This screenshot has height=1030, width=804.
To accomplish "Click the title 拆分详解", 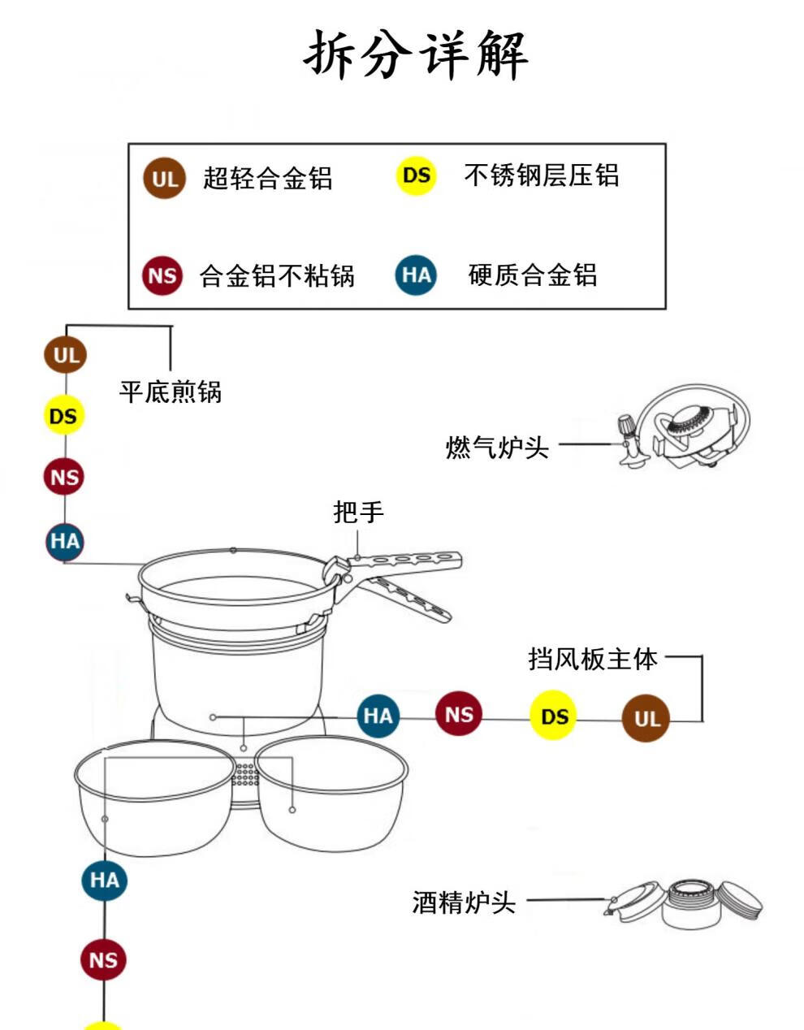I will click(416, 54).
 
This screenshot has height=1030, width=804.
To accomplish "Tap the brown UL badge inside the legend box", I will click(164, 178).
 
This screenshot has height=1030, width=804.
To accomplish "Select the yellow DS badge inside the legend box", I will click(416, 175).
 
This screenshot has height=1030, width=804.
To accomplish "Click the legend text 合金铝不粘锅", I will click(277, 276).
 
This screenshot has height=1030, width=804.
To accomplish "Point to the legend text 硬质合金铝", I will click(533, 275).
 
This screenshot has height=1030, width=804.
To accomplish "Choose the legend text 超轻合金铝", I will click(268, 178).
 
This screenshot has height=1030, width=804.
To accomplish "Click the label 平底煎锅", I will click(171, 392).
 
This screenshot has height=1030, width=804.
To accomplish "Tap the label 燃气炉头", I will click(497, 447).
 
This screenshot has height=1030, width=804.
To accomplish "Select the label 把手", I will click(358, 513).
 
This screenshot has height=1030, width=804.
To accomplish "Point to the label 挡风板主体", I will click(593, 658).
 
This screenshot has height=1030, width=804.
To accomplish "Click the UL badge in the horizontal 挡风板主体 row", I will click(646, 719).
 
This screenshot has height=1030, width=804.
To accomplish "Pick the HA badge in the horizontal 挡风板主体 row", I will click(378, 716).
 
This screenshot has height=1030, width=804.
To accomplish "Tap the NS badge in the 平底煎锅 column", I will click(64, 477).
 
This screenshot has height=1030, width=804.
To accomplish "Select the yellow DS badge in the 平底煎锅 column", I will click(63, 416).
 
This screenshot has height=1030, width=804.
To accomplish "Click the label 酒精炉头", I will click(464, 902).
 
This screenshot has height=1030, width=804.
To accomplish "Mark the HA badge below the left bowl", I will click(105, 880).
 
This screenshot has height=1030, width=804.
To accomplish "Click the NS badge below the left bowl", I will click(104, 960).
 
